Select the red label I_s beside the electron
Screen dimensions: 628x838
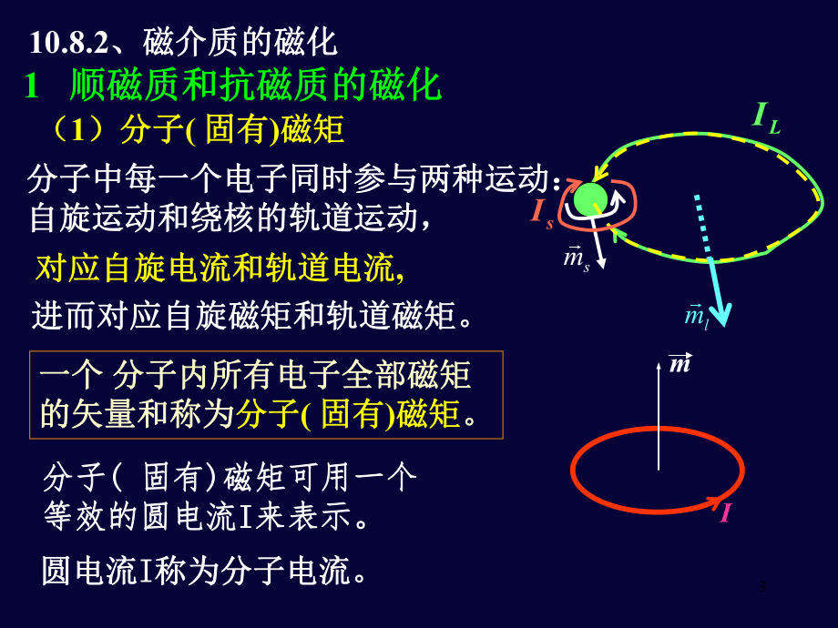click(x=542, y=213)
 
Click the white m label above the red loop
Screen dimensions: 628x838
click(x=680, y=364)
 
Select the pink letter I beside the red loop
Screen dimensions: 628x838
click(x=725, y=514)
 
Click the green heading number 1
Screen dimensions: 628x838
click(x=32, y=86)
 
